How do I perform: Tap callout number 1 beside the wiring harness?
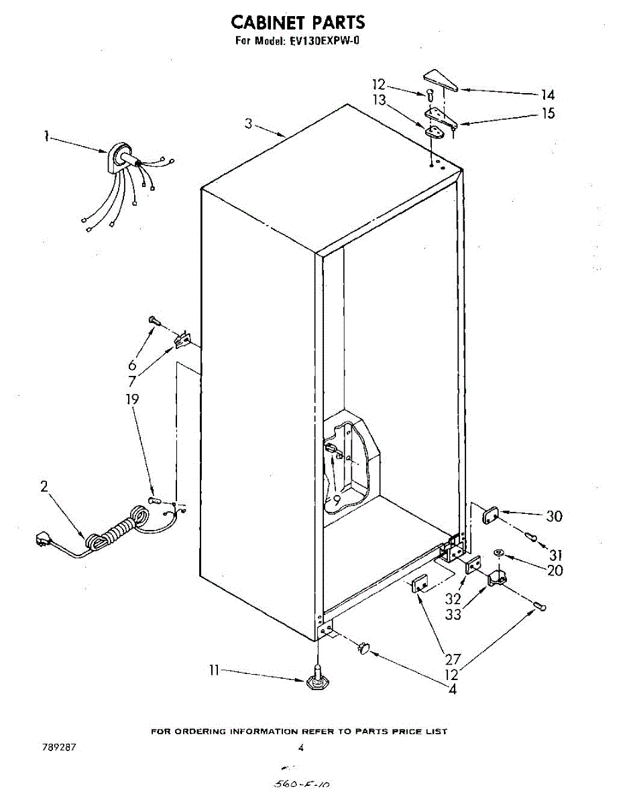click(46, 137)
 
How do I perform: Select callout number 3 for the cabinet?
click(249, 123)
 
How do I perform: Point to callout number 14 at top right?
click(548, 95)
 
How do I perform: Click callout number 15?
click(548, 114)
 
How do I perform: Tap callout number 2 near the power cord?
click(44, 487)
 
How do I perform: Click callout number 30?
click(554, 517)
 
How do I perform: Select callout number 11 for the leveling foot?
click(215, 669)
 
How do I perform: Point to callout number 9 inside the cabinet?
click(337, 498)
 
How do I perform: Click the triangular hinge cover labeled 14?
click(441, 79)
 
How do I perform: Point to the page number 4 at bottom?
click(301, 748)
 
